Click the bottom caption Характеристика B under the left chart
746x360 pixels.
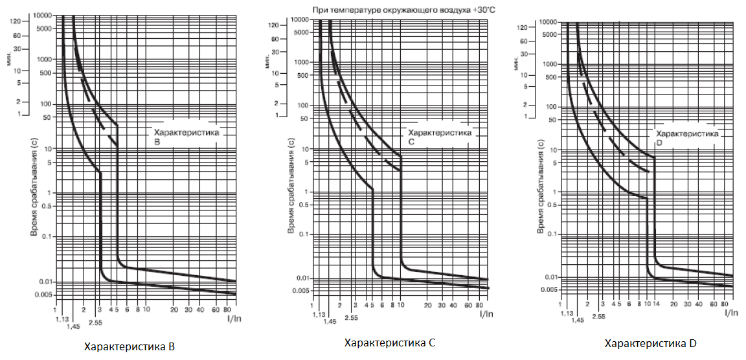click(x=130, y=346)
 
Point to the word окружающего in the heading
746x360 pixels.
click(x=406, y=10)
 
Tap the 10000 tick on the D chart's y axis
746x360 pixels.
click(x=548, y=22)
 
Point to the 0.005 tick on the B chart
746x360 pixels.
click(x=43, y=295)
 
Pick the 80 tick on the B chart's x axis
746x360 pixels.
click(x=234, y=309)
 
